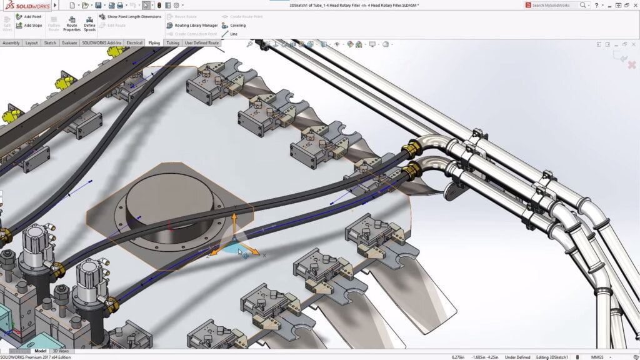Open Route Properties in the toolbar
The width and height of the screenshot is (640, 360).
pyautogui.click(x=72, y=24)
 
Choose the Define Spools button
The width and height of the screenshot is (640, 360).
pyautogui.click(x=89, y=24)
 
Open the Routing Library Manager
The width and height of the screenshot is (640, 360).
pyautogui.click(x=192, y=26)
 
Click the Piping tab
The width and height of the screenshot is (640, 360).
pyautogui.click(x=154, y=43)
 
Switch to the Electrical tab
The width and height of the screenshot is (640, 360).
pyautogui.click(x=134, y=43)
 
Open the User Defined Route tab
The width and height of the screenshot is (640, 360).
pyautogui.click(x=202, y=43)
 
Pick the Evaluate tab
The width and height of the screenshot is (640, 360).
pyautogui.click(x=69, y=43)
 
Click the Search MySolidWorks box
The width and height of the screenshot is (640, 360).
pyautogui.click(x=553, y=5)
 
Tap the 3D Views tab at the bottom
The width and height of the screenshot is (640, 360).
pyautogui.click(x=60, y=351)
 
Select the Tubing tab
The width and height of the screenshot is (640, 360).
pyautogui.click(x=172, y=43)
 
